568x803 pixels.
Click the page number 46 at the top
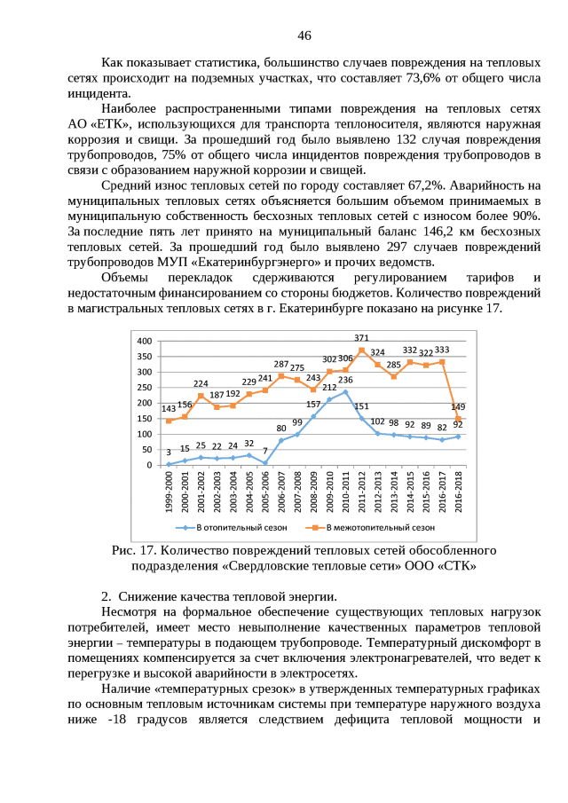(304, 36)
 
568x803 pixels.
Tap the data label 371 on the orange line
(362, 338)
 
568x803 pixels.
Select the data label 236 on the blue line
(345, 380)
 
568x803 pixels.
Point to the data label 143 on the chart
(168, 409)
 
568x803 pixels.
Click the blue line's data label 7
(264, 451)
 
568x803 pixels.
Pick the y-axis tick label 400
(144, 341)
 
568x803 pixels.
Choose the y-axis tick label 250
(144, 388)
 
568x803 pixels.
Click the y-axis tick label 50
(146, 450)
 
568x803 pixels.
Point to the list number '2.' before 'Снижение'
(106, 595)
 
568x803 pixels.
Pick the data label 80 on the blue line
(280, 428)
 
